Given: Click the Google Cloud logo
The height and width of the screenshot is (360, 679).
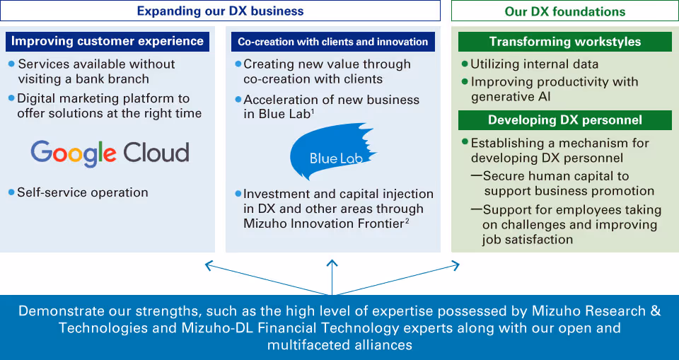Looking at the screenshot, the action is (110, 153).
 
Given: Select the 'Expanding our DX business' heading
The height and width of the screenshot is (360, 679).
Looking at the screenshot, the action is (220, 11).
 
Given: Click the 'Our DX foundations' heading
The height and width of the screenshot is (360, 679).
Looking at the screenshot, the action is (564, 11).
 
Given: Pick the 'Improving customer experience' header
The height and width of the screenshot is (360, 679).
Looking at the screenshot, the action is (108, 41).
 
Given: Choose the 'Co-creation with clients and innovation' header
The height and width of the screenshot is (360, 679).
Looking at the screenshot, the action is (332, 42).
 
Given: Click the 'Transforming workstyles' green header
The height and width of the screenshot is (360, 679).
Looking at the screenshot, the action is (564, 42).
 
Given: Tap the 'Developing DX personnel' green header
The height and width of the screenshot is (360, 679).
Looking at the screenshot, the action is (564, 120).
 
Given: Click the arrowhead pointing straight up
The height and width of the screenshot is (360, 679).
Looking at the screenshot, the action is (333, 260).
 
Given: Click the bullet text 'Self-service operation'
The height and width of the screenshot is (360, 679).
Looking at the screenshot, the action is (82, 192).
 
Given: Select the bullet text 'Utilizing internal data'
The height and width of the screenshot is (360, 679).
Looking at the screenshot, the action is (534, 64).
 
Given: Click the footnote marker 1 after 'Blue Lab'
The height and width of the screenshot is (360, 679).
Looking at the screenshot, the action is (313, 111).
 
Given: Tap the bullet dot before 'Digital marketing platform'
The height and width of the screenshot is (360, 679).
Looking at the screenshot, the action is (11, 98).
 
